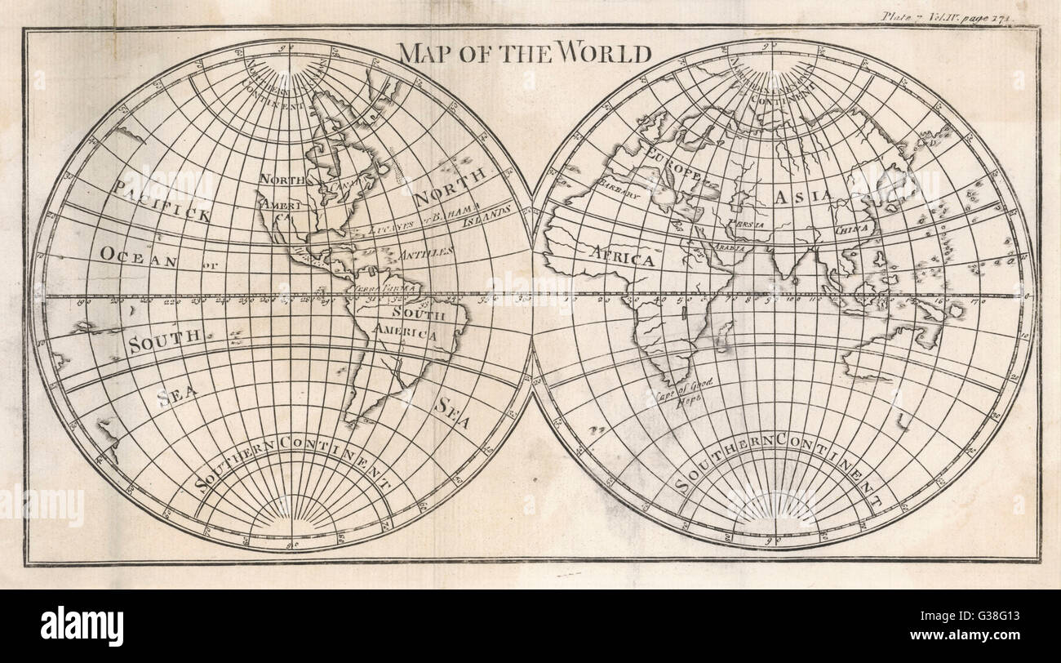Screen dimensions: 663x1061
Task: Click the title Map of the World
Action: point(524,53)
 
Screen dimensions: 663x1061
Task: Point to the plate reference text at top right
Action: point(960,15)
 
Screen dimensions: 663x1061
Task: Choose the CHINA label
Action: point(852,230)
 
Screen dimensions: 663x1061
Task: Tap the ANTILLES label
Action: point(427,254)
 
